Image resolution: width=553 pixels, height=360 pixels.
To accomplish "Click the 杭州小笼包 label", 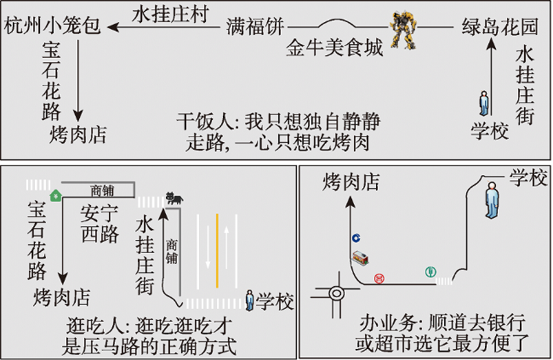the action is point(53,26).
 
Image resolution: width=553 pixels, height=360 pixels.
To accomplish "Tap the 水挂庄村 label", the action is point(171,14).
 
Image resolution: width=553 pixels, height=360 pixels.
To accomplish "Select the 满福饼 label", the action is point(255,26).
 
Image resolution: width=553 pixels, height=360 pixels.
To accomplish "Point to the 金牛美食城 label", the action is point(334,48).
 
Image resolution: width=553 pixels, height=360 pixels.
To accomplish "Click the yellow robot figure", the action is point(402,30).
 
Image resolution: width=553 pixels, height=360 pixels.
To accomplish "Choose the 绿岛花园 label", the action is point(500,26).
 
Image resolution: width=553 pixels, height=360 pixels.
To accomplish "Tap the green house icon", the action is point(55,195).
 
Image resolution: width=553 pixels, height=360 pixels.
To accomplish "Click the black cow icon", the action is point(174,198).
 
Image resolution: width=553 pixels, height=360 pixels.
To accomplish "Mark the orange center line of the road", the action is point(217,250).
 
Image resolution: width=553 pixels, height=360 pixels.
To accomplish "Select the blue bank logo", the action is point(356,238).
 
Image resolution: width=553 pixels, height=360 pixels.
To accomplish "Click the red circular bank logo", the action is point(379,278).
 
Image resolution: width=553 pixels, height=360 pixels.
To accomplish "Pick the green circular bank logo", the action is point(430,271).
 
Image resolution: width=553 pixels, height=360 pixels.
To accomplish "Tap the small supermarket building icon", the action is point(361,258).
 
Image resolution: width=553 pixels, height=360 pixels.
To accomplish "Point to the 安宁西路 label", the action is point(99,225).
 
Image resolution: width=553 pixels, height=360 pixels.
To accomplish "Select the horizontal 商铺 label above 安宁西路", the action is point(103,191).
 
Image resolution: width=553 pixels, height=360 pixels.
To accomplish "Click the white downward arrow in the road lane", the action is point(208,247).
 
